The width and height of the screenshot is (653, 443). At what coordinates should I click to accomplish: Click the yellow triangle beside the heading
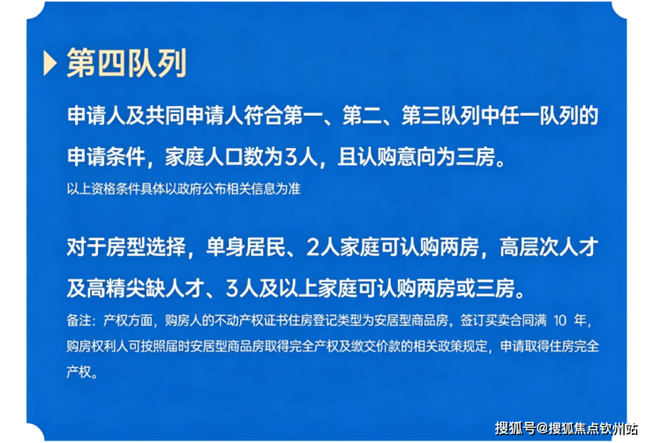(49, 64)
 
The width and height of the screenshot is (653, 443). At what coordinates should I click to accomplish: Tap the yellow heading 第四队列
(126, 64)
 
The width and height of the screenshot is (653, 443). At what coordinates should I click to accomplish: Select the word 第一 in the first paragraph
(303, 116)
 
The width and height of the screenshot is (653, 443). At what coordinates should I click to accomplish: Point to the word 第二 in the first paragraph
(362, 116)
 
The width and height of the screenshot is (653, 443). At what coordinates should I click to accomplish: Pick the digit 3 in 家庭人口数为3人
(289, 157)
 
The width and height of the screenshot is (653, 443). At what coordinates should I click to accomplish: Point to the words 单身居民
(245, 247)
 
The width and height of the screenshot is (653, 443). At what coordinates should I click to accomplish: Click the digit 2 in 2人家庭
(312, 248)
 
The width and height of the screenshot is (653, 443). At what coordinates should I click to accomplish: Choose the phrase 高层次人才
(549, 247)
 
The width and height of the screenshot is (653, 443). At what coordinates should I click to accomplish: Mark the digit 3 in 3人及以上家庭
(232, 289)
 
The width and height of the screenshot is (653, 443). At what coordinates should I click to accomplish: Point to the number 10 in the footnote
(560, 320)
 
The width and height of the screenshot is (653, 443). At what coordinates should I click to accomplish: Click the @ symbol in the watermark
(542, 428)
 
